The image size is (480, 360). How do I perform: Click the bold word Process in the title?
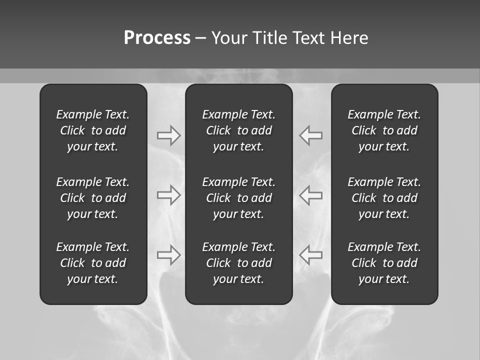(157, 38)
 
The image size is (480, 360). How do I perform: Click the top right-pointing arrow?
(168, 135)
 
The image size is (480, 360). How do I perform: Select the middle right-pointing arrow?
(168, 195)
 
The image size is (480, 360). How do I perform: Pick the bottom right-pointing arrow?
(168, 255)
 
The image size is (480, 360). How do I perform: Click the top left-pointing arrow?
(311, 135)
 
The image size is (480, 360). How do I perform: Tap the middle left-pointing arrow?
(311, 195)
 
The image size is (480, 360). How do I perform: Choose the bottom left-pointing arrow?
(311, 255)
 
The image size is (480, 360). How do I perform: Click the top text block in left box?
(93, 130)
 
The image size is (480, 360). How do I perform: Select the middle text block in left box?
(93, 198)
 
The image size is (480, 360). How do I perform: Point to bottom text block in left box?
(93, 263)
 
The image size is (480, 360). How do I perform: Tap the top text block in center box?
(238, 130)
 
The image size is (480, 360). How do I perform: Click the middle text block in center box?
(238, 198)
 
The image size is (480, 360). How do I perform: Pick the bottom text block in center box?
(238, 263)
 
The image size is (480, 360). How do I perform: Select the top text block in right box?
(384, 130)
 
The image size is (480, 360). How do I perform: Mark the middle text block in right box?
(384, 198)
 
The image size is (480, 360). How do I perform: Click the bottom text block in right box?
(384, 263)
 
